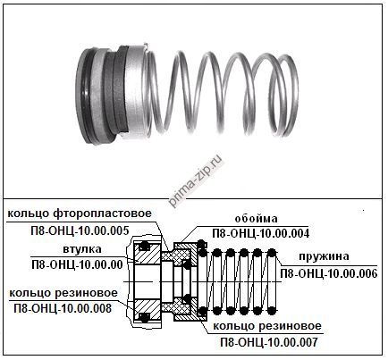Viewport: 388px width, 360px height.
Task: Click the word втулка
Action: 82,249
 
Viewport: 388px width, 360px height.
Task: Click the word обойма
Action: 256,219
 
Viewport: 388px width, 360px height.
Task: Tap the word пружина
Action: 325,256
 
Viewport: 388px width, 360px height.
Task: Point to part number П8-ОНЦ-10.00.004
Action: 261,233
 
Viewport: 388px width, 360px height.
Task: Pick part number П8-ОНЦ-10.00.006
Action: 329,273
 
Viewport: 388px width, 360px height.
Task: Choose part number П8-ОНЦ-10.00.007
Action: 269,342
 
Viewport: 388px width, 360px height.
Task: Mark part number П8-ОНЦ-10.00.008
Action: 63,308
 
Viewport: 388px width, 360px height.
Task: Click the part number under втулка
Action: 77,264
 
